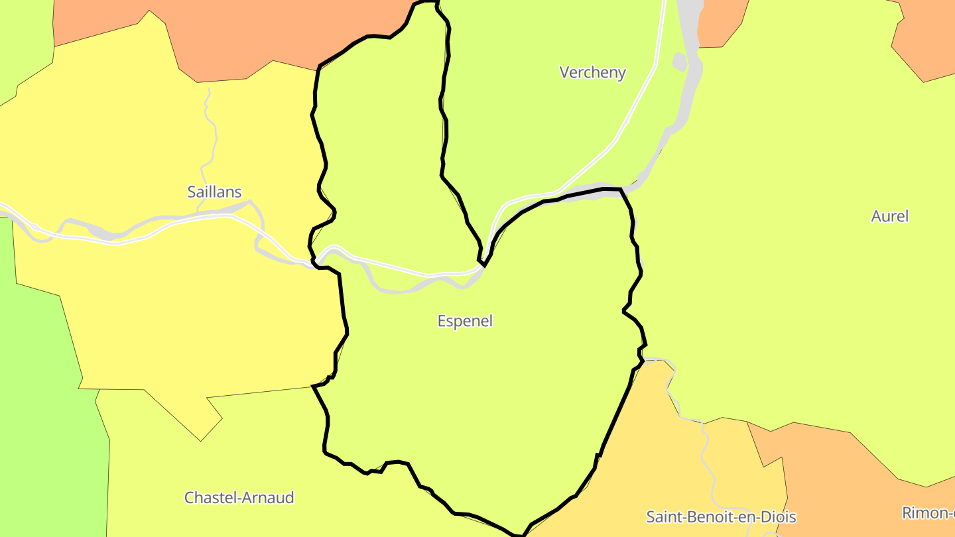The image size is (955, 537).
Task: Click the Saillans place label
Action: click(x=214, y=192)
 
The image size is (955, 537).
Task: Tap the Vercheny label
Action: click(x=592, y=72)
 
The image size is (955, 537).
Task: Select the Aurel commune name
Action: click(x=889, y=216)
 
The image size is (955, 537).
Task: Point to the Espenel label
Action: click(x=465, y=321)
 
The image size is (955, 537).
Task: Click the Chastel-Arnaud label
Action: click(x=239, y=497)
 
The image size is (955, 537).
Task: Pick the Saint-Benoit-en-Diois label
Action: click(x=721, y=516)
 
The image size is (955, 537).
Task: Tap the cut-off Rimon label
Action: click(x=928, y=512)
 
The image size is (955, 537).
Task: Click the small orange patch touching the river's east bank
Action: click(x=720, y=23)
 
